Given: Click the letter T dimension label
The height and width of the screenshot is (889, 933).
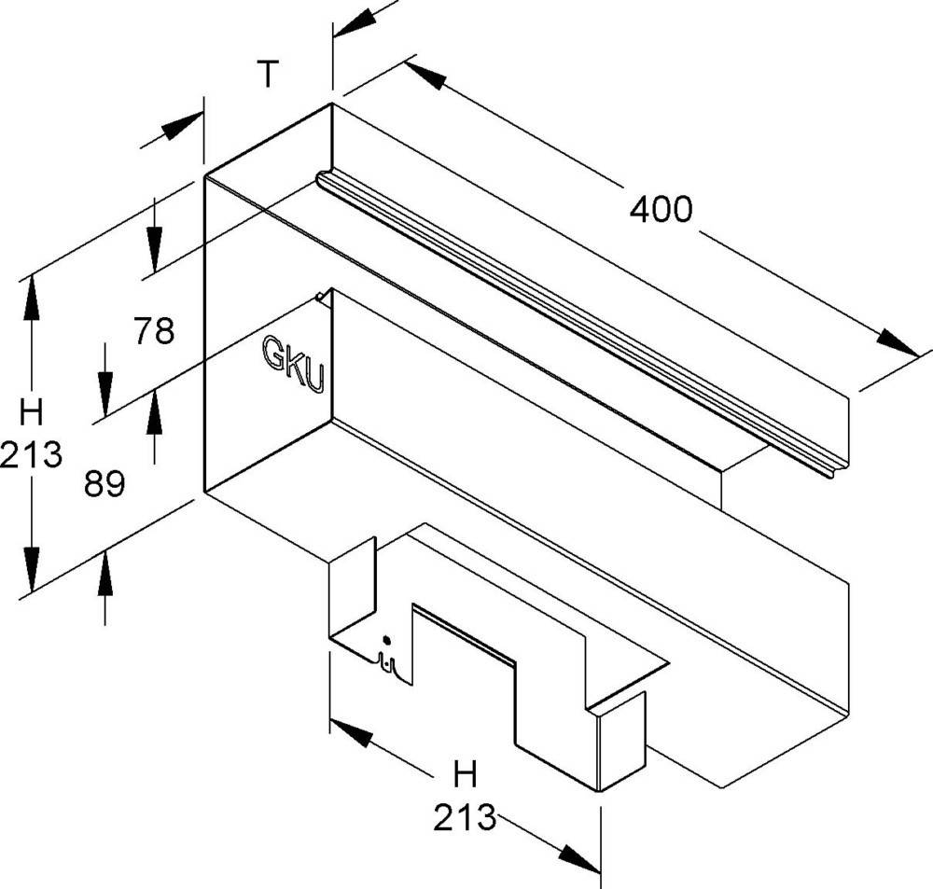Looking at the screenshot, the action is (x=269, y=75).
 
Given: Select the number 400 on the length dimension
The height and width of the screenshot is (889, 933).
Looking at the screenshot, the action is (x=661, y=210).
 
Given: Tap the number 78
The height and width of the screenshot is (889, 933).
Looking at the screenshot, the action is (x=154, y=331).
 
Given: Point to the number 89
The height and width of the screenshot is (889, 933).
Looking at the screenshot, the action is (x=104, y=483).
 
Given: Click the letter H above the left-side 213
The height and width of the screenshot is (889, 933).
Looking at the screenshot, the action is (x=31, y=412).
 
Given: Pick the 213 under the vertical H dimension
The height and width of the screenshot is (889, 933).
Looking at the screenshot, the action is (x=31, y=454).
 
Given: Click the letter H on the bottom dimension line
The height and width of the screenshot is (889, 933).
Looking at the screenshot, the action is (x=465, y=774).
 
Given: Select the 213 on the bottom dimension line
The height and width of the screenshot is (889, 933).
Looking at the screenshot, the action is (x=465, y=817).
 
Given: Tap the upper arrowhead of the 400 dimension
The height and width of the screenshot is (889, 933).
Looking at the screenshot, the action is (x=425, y=74).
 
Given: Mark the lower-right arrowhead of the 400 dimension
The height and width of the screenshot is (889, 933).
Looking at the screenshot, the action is (x=898, y=344).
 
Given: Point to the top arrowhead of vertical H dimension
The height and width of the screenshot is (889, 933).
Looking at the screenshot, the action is (x=32, y=299).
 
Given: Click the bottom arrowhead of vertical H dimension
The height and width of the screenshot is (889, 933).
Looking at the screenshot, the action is (x=32, y=568).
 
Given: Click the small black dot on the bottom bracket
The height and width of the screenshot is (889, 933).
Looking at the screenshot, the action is (x=387, y=640).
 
